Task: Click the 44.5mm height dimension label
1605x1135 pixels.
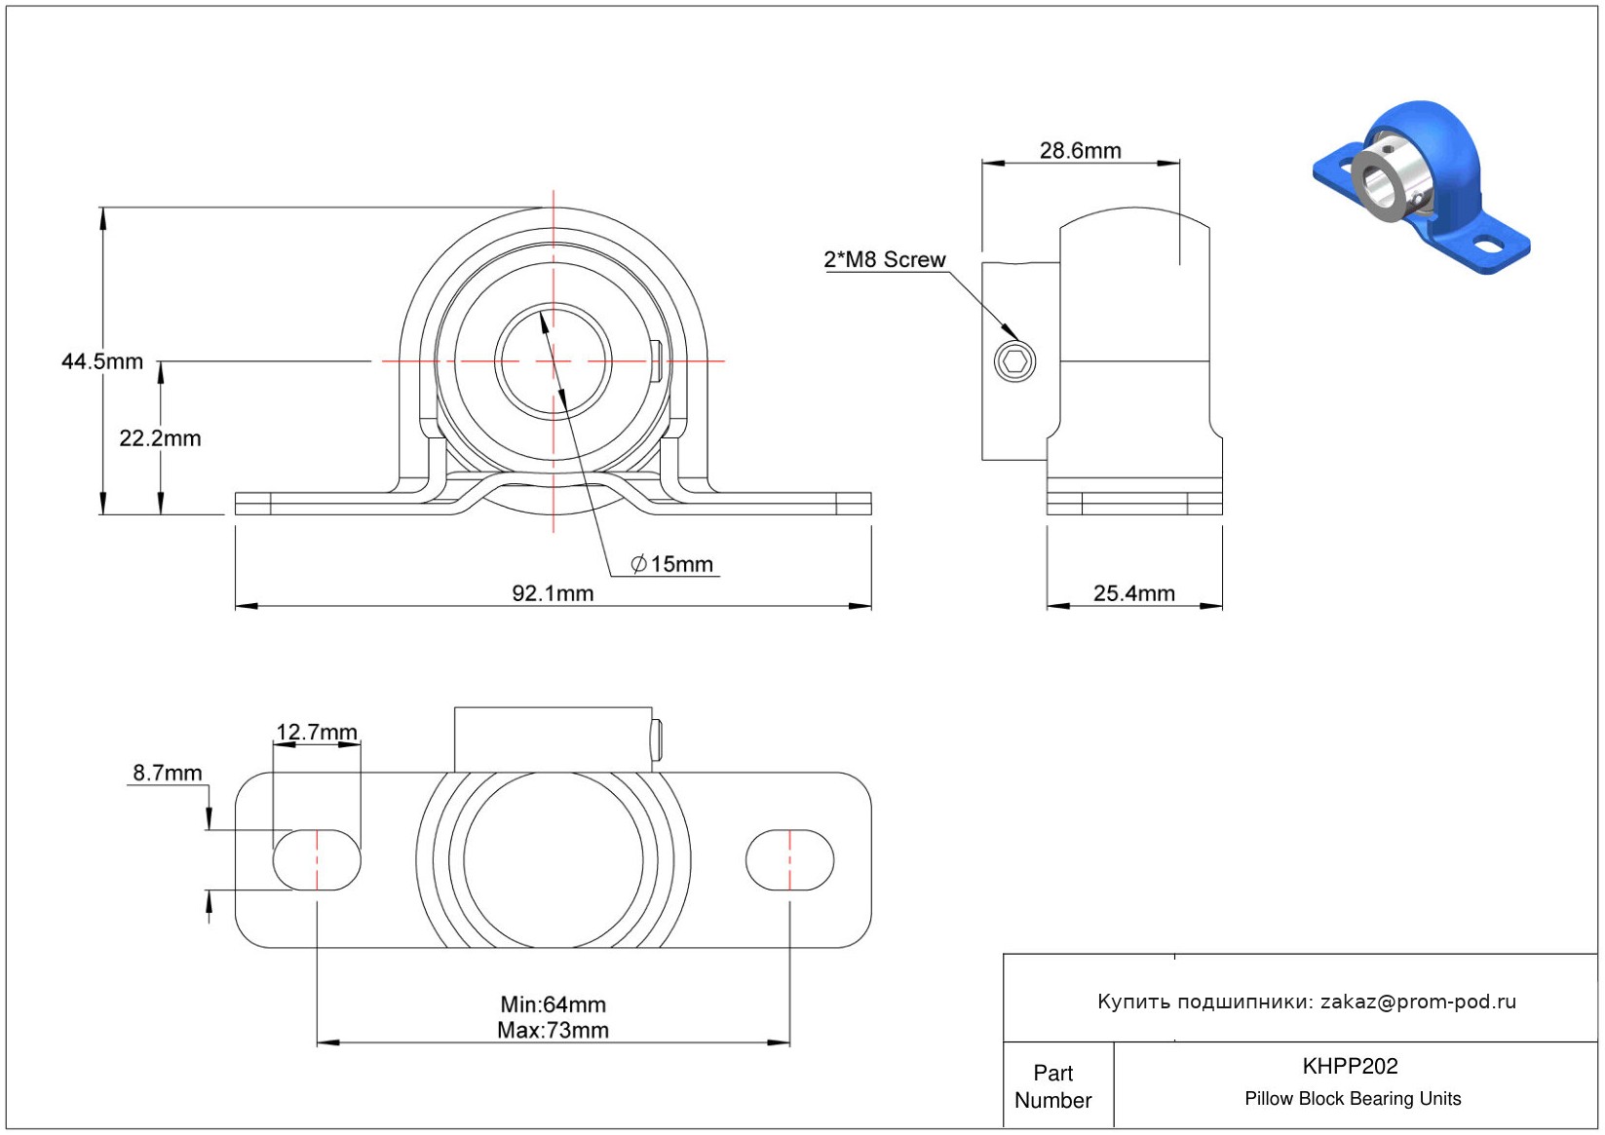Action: [x=102, y=361]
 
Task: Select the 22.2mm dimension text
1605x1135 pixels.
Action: [x=160, y=437]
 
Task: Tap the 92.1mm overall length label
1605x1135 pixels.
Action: [x=553, y=593]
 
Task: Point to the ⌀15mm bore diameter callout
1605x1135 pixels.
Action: [x=671, y=564]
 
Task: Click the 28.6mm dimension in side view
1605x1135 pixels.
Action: [x=1080, y=150]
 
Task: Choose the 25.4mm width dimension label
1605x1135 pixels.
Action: [x=1133, y=593]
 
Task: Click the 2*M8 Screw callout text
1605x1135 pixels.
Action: [x=884, y=259]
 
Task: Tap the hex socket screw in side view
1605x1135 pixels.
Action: [x=1014, y=361]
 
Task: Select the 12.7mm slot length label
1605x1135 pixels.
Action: [x=317, y=732]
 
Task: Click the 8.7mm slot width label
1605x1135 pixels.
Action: [x=168, y=773]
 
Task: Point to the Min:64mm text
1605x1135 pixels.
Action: [x=553, y=1004]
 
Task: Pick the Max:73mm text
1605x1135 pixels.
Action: [x=553, y=1031]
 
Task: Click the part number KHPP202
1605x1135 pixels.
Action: [x=1350, y=1066]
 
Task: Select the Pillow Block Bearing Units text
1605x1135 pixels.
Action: [x=1353, y=1098]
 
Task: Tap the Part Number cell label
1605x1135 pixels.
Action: [x=1052, y=1086]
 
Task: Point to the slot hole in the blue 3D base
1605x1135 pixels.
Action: [x=1489, y=245]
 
